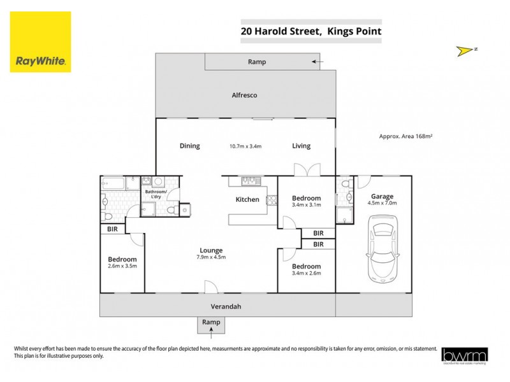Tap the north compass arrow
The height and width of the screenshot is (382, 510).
coord(467,49)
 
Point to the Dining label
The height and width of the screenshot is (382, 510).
coord(189,146)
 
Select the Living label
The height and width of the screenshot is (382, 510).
coord(301,146)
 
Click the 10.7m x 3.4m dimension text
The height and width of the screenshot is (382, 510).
coord(246,146)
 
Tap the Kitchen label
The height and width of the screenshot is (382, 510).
coord(247,199)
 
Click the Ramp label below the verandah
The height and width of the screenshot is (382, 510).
coord(211,323)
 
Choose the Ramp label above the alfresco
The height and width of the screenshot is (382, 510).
coord(257,62)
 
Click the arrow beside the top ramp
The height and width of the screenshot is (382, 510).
coord(317,62)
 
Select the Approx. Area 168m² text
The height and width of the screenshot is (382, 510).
coord(410,136)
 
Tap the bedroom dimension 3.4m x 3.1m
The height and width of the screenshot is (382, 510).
coord(305,205)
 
